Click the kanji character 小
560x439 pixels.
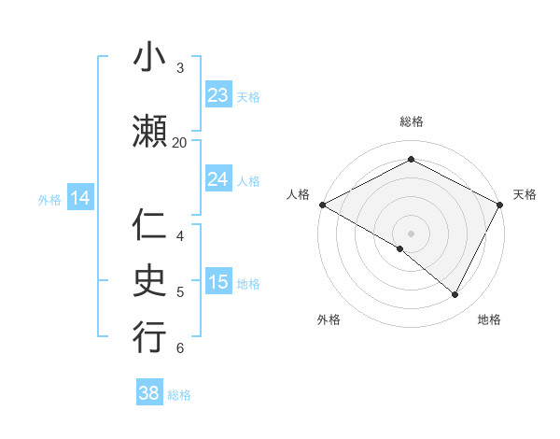pyautogui.click(x=149, y=58)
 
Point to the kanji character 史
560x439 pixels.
pyautogui.click(x=149, y=281)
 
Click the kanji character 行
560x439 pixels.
pyautogui.click(x=149, y=337)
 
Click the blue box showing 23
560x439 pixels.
pyautogui.click(x=218, y=95)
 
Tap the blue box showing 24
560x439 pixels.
pyautogui.click(x=218, y=179)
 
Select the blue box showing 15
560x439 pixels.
pyautogui.click(x=218, y=282)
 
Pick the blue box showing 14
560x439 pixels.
pyautogui.click(x=80, y=198)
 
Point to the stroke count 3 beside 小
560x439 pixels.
pyautogui.click(x=179, y=67)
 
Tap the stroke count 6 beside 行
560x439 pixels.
pyautogui.click(x=179, y=348)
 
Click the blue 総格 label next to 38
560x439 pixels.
pyautogui.click(x=179, y=395)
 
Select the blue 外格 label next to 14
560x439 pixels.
pyautogui.click(x=49, y=199)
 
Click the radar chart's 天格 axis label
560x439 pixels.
pyautogui.click(x=525, y=194)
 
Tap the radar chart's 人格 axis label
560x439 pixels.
pyautogui.click(x=298, y=194)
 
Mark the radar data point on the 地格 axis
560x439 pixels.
pyautogui.click(x=455, y=295)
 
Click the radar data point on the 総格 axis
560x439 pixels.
pyautogui.click(x=411, y=160)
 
